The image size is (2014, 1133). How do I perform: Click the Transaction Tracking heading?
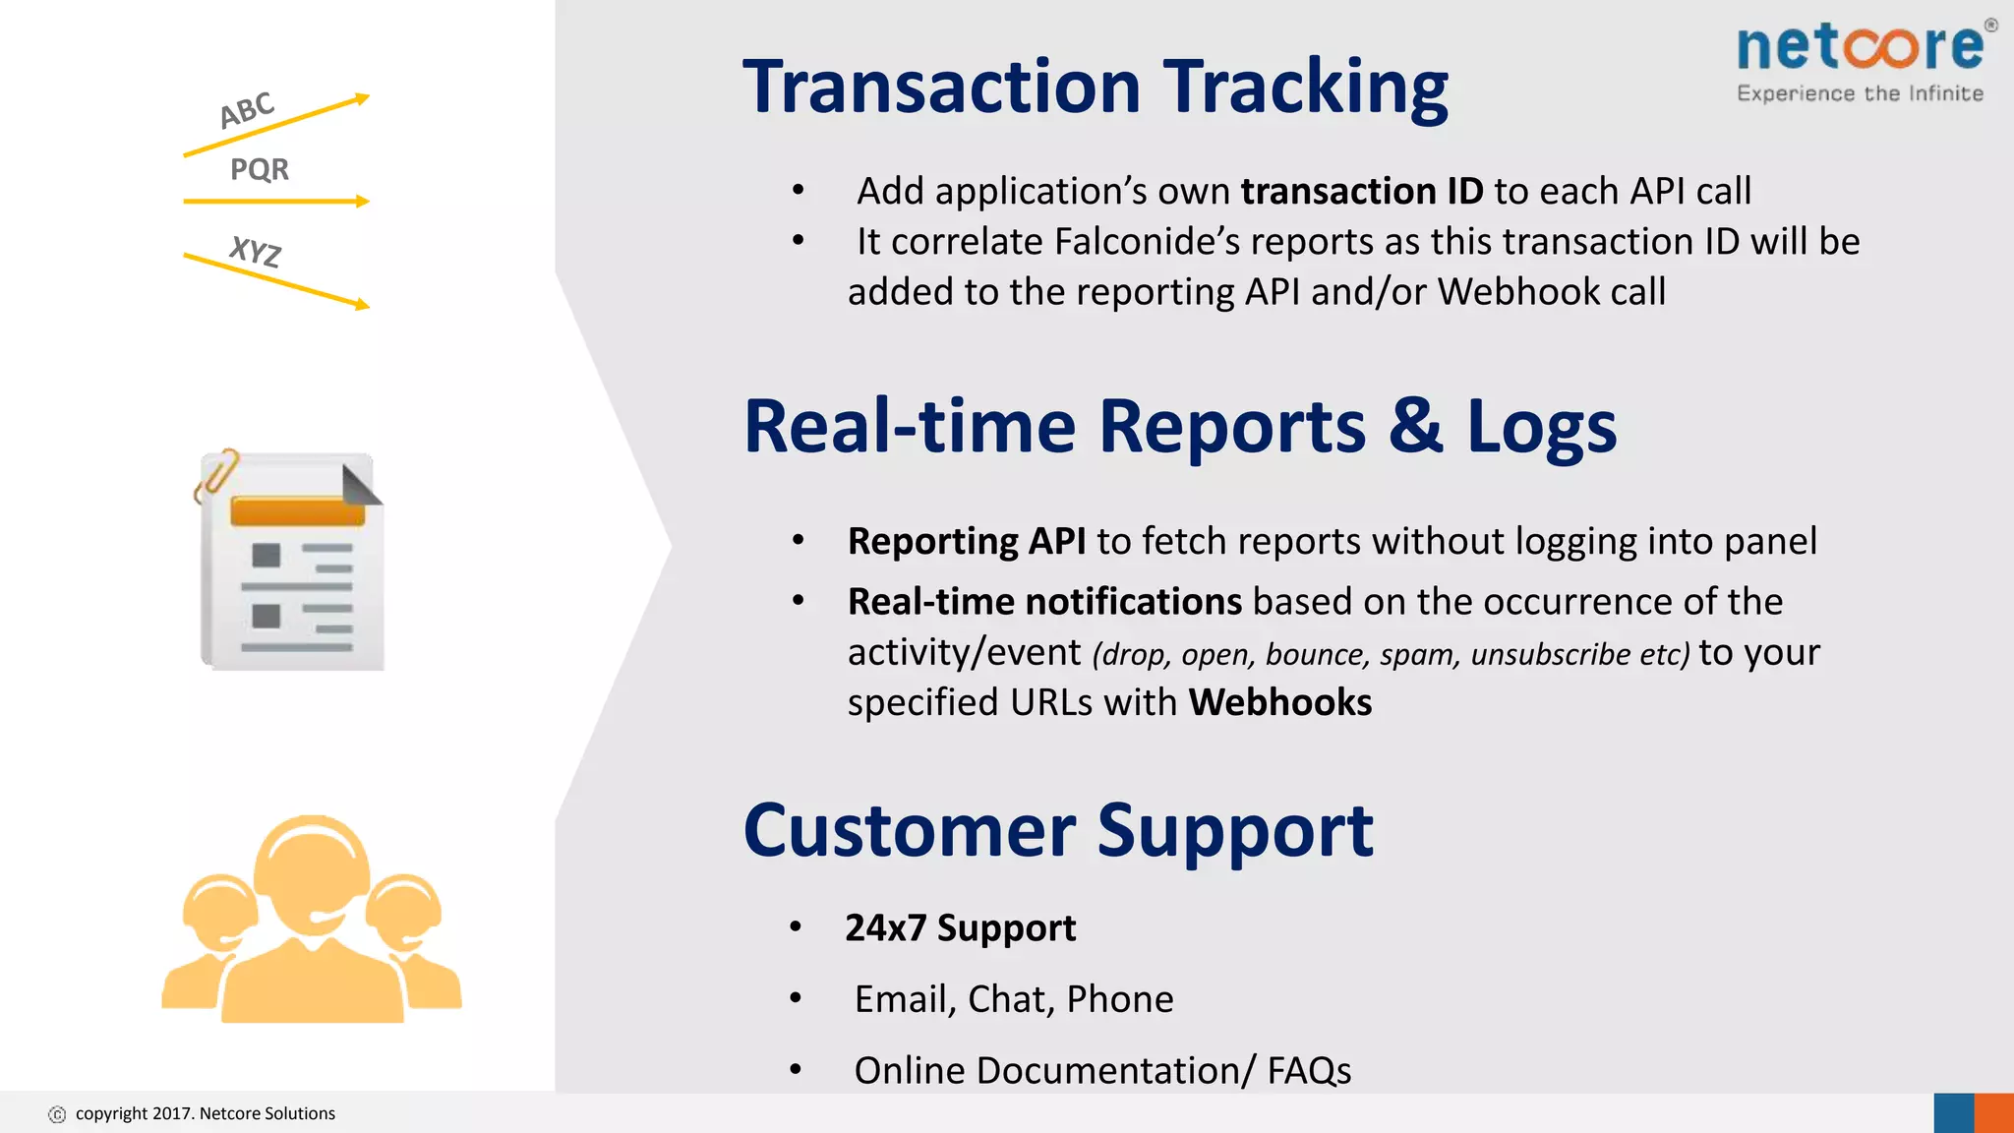tap(1095, 87)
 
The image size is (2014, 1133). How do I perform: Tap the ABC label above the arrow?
tap(247, 109)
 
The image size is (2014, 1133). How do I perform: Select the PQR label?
tap(260, 169)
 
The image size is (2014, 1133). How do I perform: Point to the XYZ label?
tap(256, 252)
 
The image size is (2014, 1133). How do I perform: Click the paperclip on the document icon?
tap(216, 474)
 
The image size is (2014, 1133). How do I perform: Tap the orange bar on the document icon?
tap(297, 511)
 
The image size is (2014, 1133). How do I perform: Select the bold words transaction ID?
tap(1361, 191)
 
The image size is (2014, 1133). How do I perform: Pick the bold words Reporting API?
tap(967, 541)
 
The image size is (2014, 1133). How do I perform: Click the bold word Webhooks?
tap(1279, 702)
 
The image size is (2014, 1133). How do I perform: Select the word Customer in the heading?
tap(910, 831)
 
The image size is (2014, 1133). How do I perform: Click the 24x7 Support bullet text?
tap(960, 927)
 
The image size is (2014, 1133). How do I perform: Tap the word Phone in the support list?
tap(1119, 999)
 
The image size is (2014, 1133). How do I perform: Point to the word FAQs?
tap(1308, 1070)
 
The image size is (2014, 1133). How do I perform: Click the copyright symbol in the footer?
tap(57, 1114)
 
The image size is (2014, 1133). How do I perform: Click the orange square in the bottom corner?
tap(1993, 1113)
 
